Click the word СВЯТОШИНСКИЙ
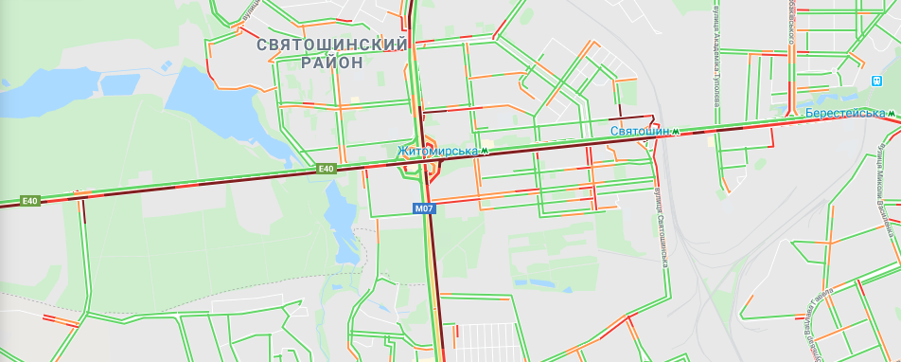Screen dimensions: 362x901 332,45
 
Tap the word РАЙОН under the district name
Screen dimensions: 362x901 332,63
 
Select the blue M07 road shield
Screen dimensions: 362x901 424,208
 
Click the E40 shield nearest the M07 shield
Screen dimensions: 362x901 327,169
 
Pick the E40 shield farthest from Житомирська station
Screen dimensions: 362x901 30,201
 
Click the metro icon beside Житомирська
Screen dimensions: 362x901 485,151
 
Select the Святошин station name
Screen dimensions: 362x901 640,131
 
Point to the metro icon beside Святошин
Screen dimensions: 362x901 676,131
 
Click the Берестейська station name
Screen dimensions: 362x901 845,114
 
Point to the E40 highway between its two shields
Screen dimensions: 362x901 180,184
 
